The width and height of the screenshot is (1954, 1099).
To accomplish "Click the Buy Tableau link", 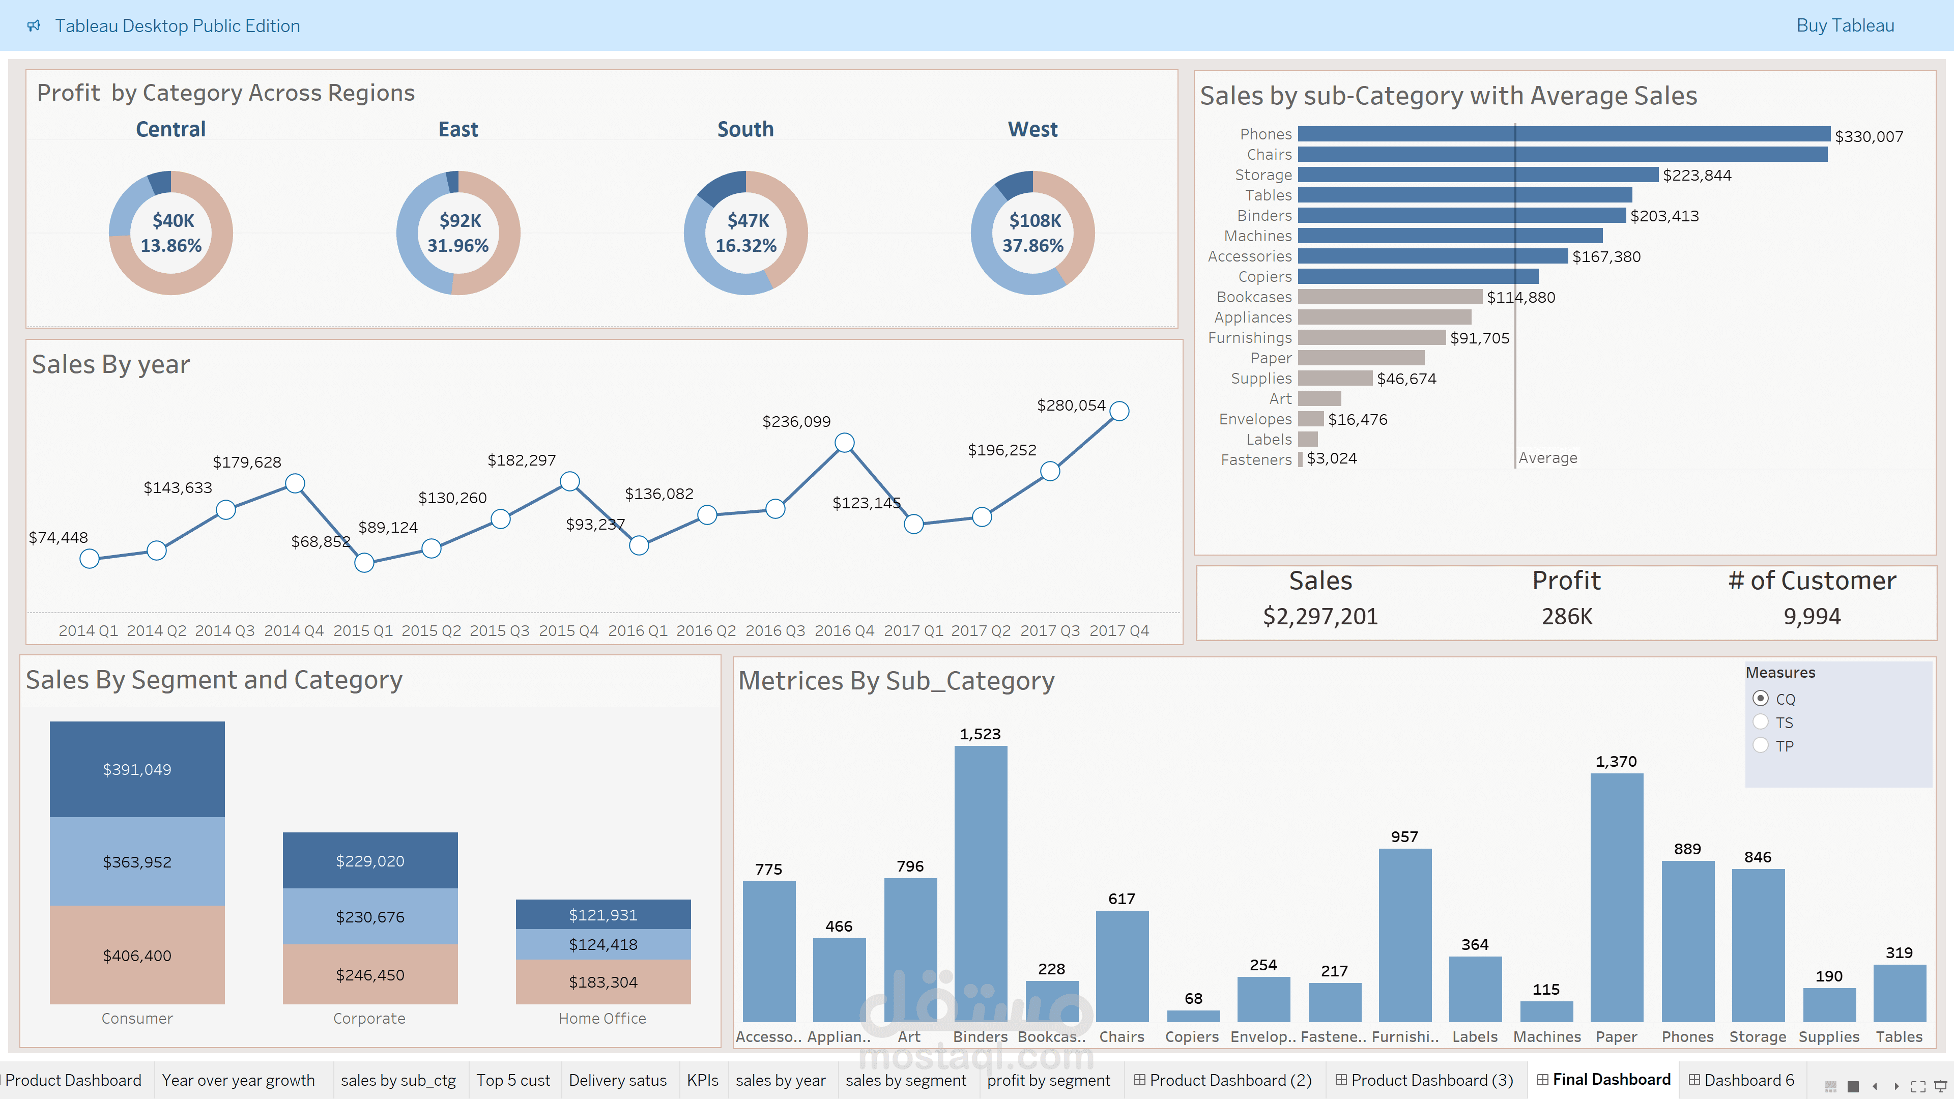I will pos(1844,26).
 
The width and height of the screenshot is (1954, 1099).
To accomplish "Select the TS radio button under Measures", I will pos(1761,722).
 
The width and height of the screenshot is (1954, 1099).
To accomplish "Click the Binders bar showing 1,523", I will pos(980,884).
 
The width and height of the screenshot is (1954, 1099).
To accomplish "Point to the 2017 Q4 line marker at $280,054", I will pos(1119,411).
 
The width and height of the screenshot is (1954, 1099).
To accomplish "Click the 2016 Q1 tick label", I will pos(637,630).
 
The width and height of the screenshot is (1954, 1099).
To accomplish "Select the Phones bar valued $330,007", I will pos(1563,134).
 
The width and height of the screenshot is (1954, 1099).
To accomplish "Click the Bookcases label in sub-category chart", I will pos(1253,297).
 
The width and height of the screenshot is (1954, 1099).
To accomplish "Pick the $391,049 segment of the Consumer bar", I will pos(137,769).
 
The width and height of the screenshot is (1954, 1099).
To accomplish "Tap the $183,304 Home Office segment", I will pos(603,981).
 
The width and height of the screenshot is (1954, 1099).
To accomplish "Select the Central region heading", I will pos(170,130).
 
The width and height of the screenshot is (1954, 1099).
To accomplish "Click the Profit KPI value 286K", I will pos(1566,616).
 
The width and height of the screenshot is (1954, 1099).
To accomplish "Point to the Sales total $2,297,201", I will pos(1320,616).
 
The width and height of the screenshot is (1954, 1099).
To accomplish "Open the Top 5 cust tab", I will pos(513,1080).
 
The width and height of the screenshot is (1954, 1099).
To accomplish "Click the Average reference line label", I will pos(1547,458).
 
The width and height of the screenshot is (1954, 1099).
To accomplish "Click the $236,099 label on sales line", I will pos(796,422).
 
